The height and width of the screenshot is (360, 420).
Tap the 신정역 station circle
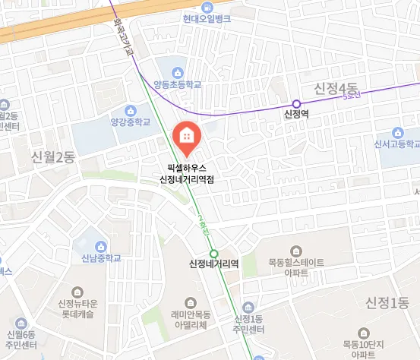click(x=296, y=104)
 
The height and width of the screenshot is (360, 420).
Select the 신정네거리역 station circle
click(x=214, y=254)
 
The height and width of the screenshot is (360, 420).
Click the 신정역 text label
click(x=296, y=116)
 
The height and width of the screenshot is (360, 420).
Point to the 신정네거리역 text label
click(x=214, y=265)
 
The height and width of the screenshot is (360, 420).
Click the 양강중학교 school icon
click(x=131, y=109)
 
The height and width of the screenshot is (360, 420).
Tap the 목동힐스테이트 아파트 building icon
click(x=297, y=251)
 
